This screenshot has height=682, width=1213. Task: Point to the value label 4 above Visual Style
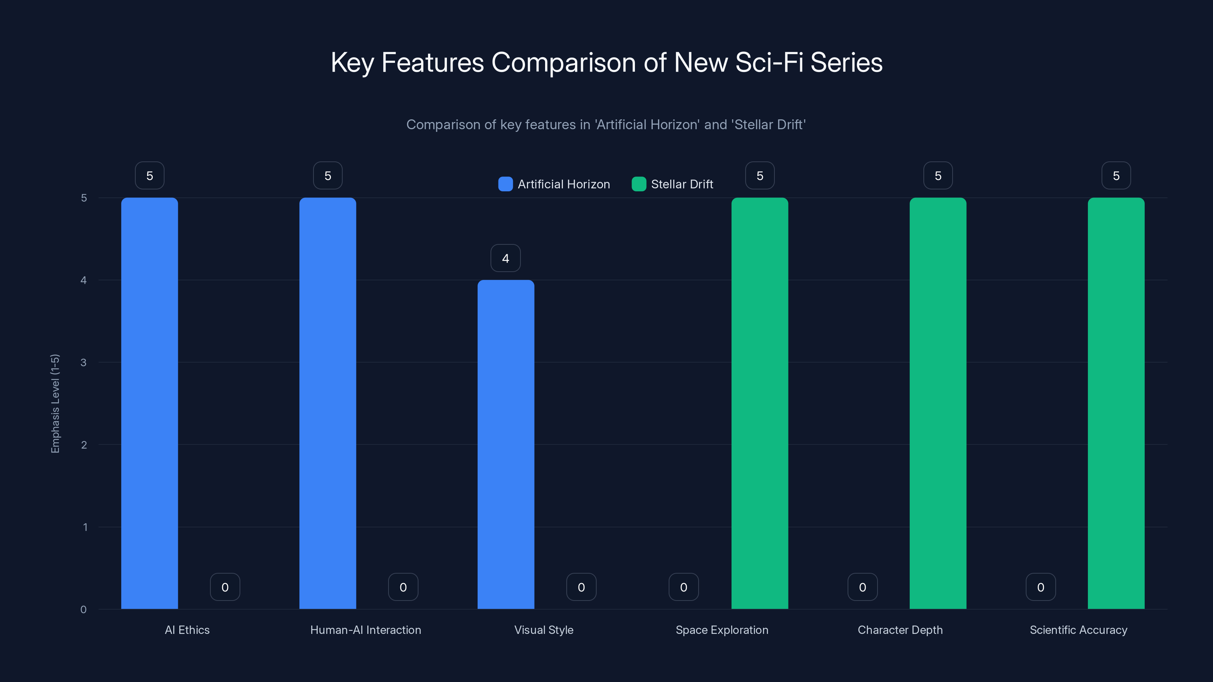coord(505,258)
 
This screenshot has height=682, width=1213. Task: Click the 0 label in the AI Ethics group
coord(225,587)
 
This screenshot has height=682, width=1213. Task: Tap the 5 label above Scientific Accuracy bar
coord(1116,175)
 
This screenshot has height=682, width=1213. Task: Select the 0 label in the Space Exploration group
coord(684,587)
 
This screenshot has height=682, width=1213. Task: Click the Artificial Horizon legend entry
coord(554,184)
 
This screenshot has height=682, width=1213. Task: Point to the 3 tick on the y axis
coord(83,363)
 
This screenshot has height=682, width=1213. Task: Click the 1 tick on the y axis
coord(85,527)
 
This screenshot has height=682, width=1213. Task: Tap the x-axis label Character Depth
coord(900,630)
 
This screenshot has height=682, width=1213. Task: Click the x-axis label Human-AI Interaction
coord(365,630)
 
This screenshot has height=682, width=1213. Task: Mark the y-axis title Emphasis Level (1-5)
coord(55,404)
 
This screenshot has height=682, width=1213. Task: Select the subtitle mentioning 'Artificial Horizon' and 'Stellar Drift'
coord(606,124)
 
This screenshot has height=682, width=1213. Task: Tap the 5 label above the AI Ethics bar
coord(150,175)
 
